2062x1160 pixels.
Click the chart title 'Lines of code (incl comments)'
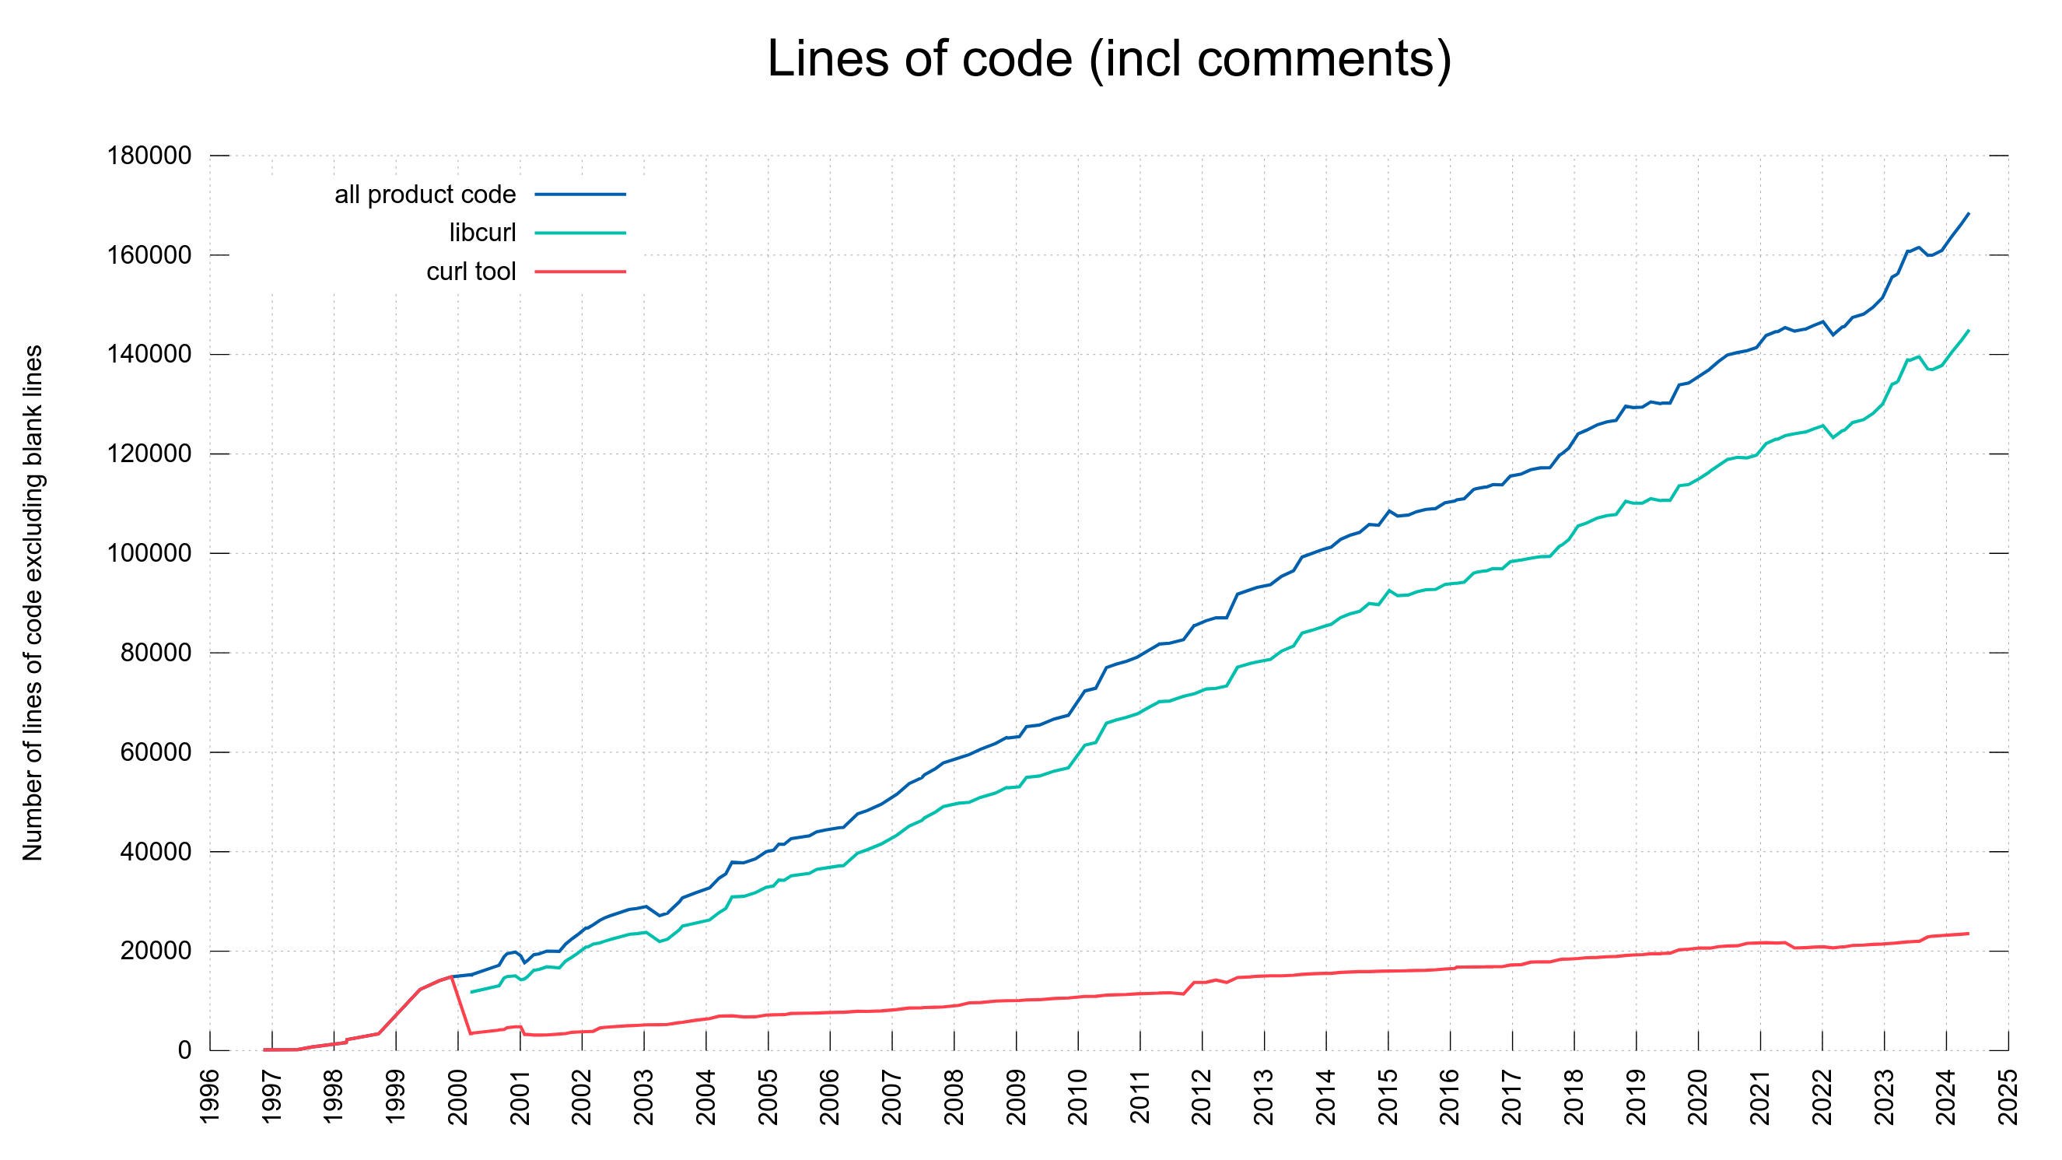tap(1108, 59)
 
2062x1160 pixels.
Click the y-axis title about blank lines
tap(33, 603)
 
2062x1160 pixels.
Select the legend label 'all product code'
tap(425, 195)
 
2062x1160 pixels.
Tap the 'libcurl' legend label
tap(482, 233)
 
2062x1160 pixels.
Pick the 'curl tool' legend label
tap(471, 272)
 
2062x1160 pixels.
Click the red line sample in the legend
tap(579, 272)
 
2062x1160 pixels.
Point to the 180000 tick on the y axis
tap(149, 156)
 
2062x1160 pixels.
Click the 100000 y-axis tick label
tap(149, 553)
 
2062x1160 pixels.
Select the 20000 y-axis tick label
tap(156, 951)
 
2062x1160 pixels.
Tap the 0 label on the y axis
tap(185, 1050)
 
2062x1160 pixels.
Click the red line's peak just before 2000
tap(452, 976)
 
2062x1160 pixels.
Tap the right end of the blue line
tap(1969, 214)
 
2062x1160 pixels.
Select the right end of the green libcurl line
tap(1969, 331)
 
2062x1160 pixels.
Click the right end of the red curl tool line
tap(1969, 934)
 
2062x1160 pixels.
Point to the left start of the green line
tap(471, 993)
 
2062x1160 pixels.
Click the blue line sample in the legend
tap(579, 195)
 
